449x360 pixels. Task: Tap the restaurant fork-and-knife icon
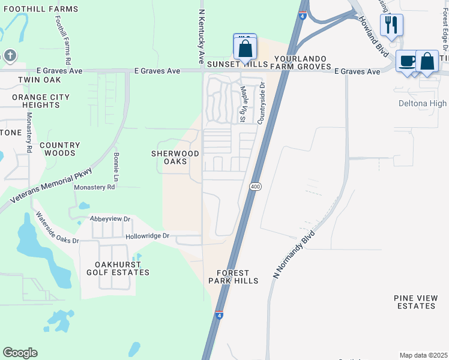pos(391,25)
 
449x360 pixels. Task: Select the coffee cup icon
pos(407,62)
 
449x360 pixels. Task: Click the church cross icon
pos(9,56)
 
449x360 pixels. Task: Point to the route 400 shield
pos(256,187)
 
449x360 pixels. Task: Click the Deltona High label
pos(423,103)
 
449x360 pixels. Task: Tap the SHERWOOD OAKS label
pos(177,157)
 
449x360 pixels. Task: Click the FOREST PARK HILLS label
pos(234,277)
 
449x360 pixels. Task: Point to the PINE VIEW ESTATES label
pos(415,302)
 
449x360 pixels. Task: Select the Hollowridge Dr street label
pos(148,236)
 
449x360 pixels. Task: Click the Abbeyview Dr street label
pos(110,219)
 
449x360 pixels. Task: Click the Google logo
pos(20,353)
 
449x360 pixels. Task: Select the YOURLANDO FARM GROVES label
pos(303,62)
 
